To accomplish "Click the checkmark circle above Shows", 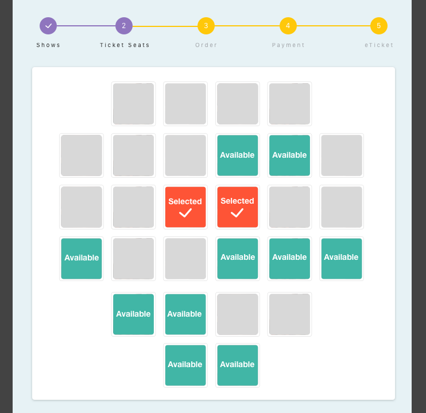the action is tap(48, 26).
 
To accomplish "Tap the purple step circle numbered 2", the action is tap(124, 26).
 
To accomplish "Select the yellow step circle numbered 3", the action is tap(206, 26).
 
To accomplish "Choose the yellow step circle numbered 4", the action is tap(288, 26).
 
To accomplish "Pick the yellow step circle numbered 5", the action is tap(379, 26).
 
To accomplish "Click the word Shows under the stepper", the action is tap(48, 45).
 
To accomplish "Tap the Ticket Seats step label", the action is tap(125, 45).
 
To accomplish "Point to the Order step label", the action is tap(206, 45).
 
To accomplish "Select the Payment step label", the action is tap(288, 45).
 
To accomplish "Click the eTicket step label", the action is tap(379, 45).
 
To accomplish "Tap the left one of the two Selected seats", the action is tap(185, 207).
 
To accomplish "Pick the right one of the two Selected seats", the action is tap(238, 207).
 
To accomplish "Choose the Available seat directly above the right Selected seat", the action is tap(238, 155).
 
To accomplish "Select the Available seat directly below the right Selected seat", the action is tap(238, 259).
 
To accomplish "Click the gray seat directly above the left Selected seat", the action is tap(185, 155).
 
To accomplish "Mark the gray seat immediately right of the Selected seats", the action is tap(289, 207).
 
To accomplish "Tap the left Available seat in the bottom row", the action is tap(185, 365).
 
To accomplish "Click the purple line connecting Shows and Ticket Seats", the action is tap(86, 26).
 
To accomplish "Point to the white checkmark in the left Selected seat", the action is tap(185, 213).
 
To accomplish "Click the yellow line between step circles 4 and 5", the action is tap(334, 26).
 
